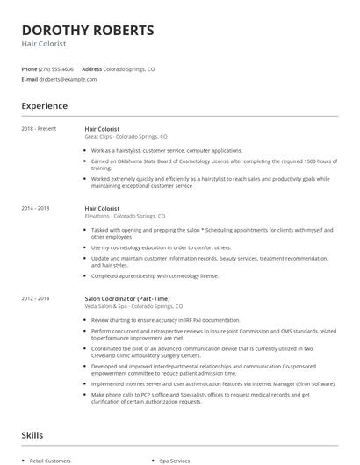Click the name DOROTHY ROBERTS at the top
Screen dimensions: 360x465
point(88,31)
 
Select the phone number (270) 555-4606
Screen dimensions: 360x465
point(57,68)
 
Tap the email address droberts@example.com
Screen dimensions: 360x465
point(67,79)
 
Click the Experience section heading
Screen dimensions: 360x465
point(45,106)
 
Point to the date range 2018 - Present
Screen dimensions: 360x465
point(40,129)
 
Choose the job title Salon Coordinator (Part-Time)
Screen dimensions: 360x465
point(128,299)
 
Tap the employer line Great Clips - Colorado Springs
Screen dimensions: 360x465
point(126,137)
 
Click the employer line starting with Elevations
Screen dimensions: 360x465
point(124,216)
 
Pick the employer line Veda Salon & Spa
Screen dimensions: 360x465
point(133,306)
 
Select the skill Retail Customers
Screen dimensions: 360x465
point(50,460)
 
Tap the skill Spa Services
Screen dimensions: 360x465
point(176,460)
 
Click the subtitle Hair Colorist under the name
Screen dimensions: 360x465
point(44,43)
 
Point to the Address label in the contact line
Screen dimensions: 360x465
point(91,68)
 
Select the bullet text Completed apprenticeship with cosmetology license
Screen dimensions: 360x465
point(155,276)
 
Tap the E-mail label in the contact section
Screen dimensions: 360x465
point(30,79)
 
